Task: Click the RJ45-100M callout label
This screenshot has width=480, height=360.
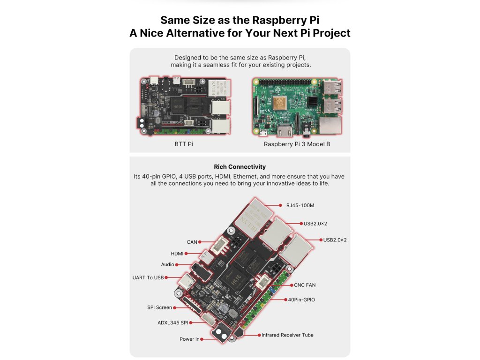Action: [x=300, y=205]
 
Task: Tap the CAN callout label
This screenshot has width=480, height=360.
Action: [x=192, y=242]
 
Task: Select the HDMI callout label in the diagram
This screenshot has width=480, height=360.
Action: [x=177, y=254]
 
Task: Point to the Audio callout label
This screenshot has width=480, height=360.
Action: [x=168, y=265]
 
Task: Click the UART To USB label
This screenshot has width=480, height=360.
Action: [x=148, y=277]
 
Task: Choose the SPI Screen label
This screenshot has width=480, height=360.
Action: [x=159, y=308]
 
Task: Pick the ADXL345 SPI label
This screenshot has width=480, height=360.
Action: [x=173, y=323]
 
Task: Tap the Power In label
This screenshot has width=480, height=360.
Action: [x=189, y=339]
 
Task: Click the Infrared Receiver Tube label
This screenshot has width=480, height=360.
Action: [x=287, y=335]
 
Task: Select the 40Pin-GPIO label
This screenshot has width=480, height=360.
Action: [x=300, y=299]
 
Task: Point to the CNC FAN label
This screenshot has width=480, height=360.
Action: [x=305, y=285]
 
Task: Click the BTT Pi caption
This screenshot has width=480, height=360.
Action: [x=184, y=144]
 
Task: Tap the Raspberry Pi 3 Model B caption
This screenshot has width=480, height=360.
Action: [x=297, y=144]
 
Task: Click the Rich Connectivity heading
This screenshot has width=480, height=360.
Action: [x=240, y=167]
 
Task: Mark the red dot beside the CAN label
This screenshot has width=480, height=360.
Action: [x=200, y=242]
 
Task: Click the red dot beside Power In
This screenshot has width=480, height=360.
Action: [x=202, y=339]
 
